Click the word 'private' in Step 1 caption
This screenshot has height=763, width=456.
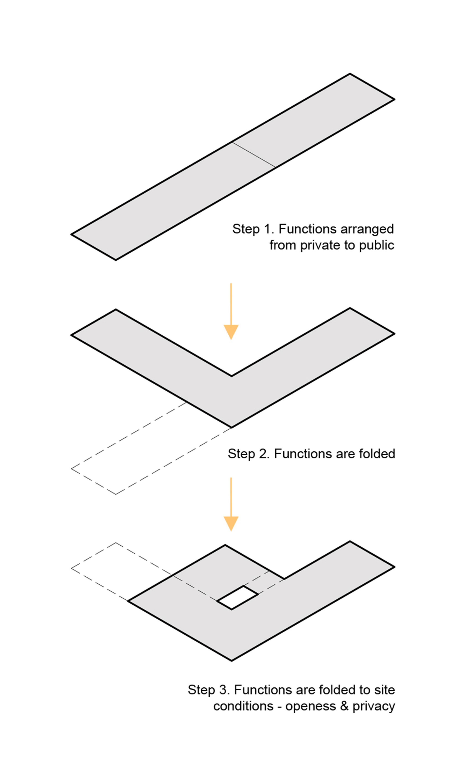[317, 246]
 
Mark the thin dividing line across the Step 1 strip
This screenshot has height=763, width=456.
[254, 155]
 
